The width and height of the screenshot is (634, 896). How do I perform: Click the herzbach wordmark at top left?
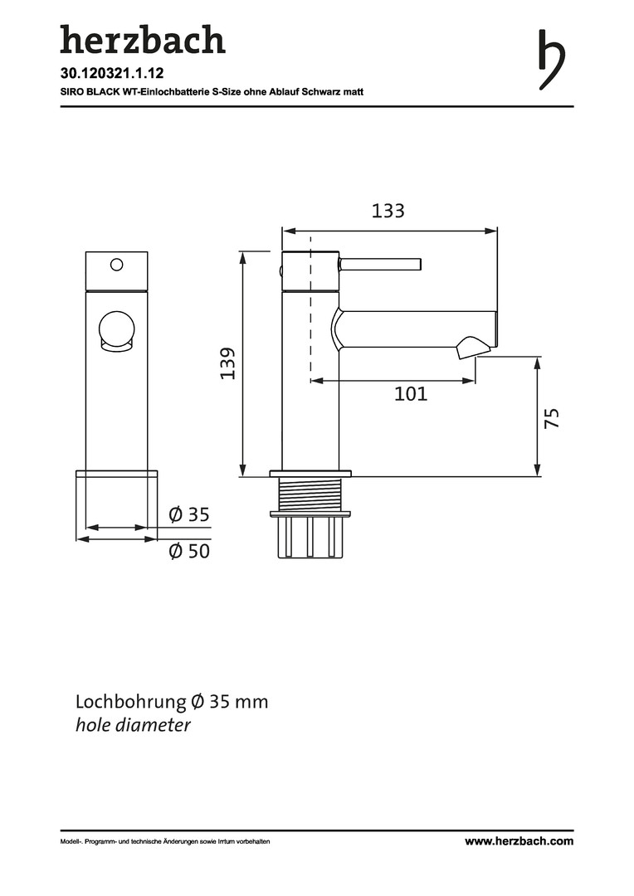(143, 40)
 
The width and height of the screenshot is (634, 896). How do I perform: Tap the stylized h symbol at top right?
(552, 60)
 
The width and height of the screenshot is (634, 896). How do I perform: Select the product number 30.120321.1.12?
(112, 73)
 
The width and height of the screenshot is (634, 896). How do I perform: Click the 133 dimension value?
(388, 211)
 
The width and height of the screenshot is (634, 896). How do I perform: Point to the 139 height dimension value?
(228, 363)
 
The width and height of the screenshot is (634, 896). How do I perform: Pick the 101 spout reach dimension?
(411, 394)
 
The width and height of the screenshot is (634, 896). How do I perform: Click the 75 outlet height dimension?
(552, 417)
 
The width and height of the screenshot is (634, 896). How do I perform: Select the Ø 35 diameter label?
(189, 514)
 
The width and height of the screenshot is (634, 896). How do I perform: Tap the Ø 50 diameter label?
(189, 551)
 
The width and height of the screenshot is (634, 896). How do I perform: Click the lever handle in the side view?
(380, 265)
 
